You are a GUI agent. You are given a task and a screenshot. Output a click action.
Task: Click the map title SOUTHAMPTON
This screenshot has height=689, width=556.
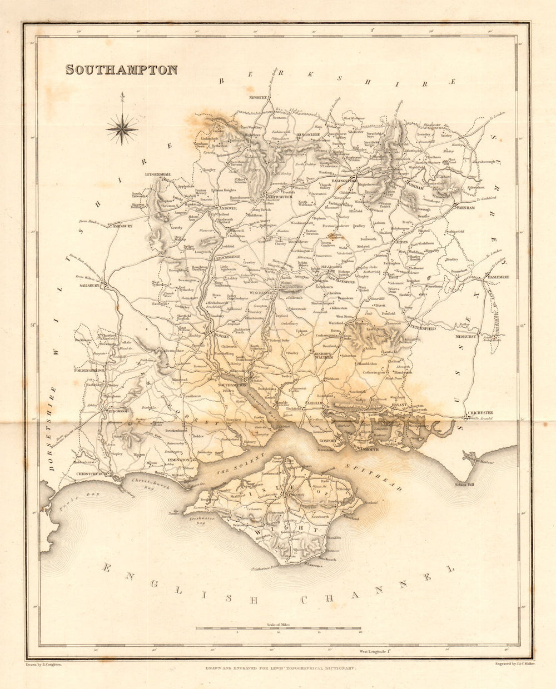coord(122,70)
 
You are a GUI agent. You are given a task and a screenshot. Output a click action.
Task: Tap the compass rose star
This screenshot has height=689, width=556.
coord(122,129)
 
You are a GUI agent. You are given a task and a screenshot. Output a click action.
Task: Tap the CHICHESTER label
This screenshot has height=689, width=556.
coord(481,413)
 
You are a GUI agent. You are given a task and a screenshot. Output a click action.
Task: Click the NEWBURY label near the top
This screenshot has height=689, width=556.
coord(259,98)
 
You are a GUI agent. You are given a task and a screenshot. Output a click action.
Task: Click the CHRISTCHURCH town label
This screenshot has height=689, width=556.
coord(91,474)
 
